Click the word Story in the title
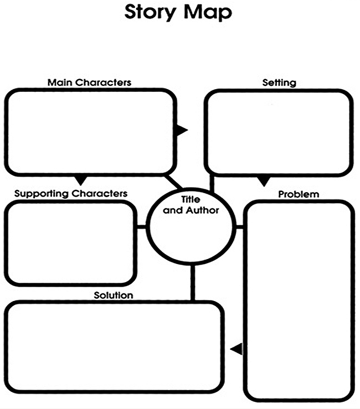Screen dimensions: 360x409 point(151,12)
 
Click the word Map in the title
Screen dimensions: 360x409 point(208,12)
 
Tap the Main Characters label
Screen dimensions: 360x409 point(89,82)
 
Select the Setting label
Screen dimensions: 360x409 point(279,82)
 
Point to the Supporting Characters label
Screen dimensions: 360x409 point(71,194)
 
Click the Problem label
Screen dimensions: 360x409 point(299,194)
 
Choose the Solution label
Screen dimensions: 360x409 point(114,296)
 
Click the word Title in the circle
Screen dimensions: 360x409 point(191,199)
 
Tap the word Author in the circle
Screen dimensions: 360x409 point(202,210)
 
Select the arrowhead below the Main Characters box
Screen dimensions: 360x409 point(81,180)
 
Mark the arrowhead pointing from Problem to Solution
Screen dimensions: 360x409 point(236,349)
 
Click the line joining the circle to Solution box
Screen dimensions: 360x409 point(193,283)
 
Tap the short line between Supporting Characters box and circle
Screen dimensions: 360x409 point(141,227)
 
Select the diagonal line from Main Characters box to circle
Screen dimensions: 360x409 point(174,182)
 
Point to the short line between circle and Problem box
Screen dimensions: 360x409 point(239,227)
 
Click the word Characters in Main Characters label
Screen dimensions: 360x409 point(104,82)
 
